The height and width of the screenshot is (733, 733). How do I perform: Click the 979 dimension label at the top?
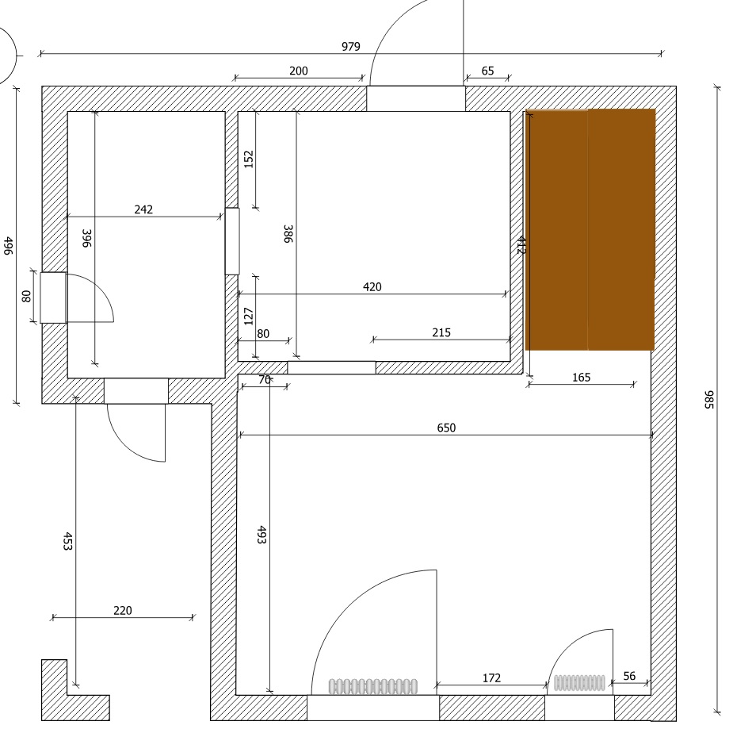350,46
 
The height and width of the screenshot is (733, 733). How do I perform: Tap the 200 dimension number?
298,71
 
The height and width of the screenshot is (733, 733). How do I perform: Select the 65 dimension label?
487,71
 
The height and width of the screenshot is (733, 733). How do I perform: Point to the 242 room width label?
143,209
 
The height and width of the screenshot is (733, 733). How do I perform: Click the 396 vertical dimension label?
86,238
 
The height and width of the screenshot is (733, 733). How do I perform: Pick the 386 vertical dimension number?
288,234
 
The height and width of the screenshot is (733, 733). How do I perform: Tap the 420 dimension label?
372,287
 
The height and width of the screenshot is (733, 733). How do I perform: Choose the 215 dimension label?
441,332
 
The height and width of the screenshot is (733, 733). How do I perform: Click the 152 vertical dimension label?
249,159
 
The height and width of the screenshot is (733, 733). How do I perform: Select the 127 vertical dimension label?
249,317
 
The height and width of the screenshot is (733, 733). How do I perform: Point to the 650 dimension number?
446,428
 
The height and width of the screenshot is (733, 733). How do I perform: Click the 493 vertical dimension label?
262,535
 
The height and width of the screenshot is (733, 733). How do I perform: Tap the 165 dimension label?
582,378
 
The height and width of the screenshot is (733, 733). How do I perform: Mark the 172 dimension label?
491,677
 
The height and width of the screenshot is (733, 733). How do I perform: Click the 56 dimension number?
629,676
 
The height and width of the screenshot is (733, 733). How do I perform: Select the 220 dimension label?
123,610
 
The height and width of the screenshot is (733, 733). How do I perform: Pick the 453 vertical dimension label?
68,541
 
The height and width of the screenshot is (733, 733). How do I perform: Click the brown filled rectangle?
590,229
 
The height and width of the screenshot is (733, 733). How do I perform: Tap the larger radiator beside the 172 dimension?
373,687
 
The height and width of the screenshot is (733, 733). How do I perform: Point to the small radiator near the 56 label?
579,683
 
